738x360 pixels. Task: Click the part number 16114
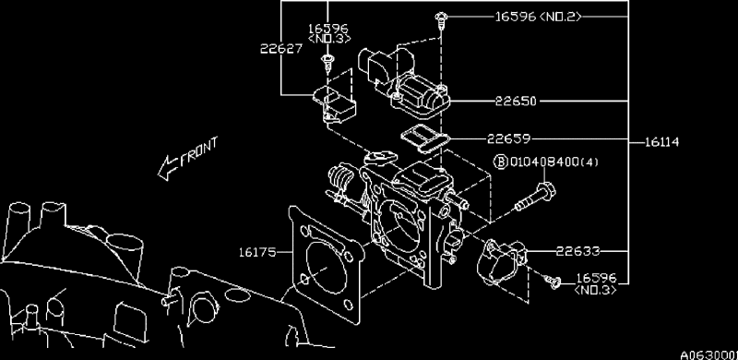pyautogui.click(x=661, y=142)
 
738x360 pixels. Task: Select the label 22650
pyautogui.click(x=516, y=102)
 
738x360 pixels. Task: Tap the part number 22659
pyautogui.click(x=509, y=138)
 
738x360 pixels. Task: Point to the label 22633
pyautogui.click(x=578, y=251)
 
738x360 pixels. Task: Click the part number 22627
pyautogui.click(x=281, y=48)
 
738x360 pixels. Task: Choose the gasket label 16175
pyautogui.click(x=257, y=252)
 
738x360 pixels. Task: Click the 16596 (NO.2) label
pyautogui.click(x=538, y=17)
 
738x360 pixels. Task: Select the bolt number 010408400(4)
pyautogui.click(x=554, y=162)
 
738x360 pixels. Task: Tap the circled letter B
pyautogui.click(x=500, y=162)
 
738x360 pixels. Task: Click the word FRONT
pyautogui.click(x=199, y=150)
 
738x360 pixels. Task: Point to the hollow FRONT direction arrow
pyautogui.click(x=168, y=168)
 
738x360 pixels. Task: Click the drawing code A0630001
pyautogui.click(x=708, y=354)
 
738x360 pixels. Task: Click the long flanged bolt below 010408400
pyautogui.click(x=535, y=197)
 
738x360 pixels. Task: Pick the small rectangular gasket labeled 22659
pyautogui.click(x=425, y=140)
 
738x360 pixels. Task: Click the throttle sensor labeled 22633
pyautogui.click(x=501, y=261)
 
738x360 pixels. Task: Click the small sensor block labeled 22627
pyautogui.click(x=334, y=104)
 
